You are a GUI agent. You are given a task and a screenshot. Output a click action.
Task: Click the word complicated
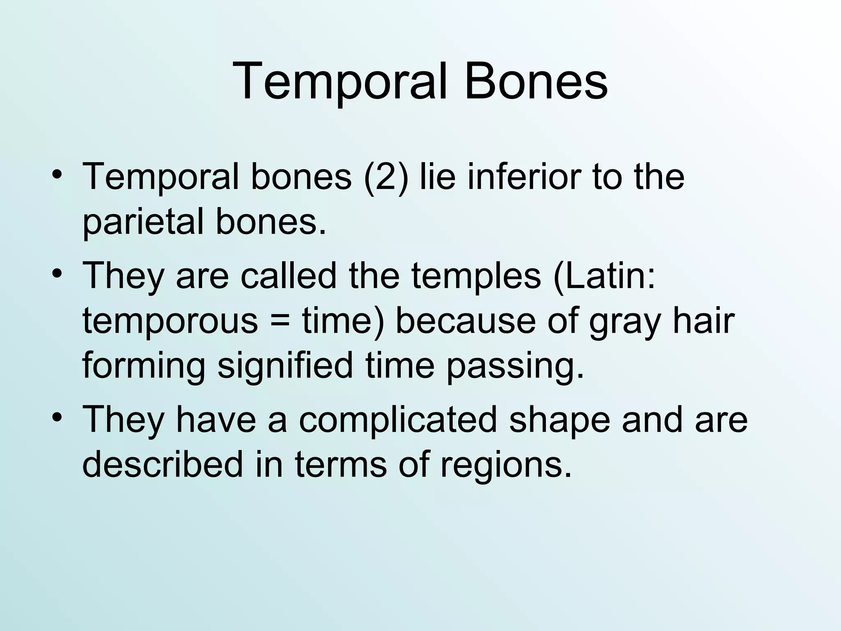(398, 420)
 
